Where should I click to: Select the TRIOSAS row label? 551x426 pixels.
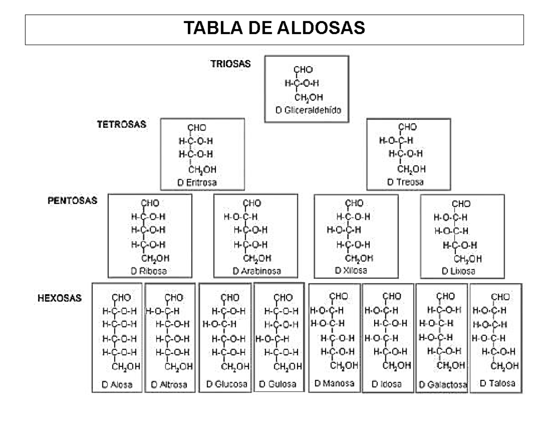pyautogui.click(x=231, y=64)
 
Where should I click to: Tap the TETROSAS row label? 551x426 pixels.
pyautogui.click(x=122, y=124)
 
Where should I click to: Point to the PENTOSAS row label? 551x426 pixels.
pyautogui.click(x=73, y=201)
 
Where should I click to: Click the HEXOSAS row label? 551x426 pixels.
pyautogui.click(x=59, y=298)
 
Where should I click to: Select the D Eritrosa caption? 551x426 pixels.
pyautogui.click(x=197, y=182)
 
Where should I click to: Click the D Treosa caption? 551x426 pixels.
pyautogui.click(x=405, y=182)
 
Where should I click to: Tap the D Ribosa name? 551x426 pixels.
pyautogui.click(x=149, y=271)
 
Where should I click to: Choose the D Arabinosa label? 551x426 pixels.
pyautogui.click(x=256, y=271)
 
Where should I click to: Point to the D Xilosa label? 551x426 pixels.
pyautogui.click(x=351, y=270)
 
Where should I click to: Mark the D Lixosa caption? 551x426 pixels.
pyautogui.click(x=458, y=271)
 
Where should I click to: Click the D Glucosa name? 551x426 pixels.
pyautogui.click(x=227, y=384)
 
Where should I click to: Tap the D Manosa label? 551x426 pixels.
pyautogui.click(x=334, y=383)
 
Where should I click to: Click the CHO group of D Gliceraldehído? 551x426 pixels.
pyautogui.click(x=303, y=70)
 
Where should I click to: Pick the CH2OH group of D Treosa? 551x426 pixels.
pyautogui.click(x=411, y=169)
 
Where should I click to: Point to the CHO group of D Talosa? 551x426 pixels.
pyautogui.click(x=500, y=297)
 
